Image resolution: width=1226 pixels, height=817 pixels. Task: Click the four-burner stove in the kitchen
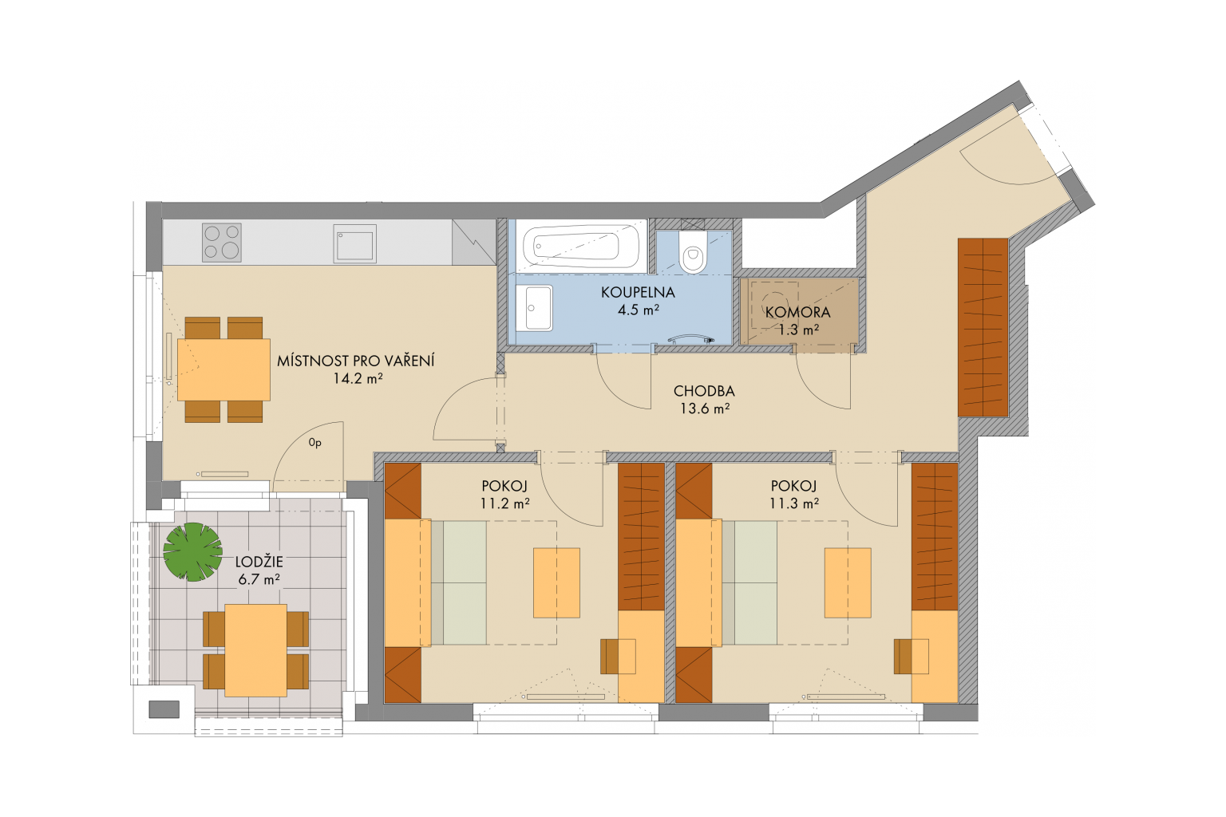coord(222,242)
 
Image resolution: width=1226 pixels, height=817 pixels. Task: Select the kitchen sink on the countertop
coord(354,243)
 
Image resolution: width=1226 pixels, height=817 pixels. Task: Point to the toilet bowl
coord(692,252)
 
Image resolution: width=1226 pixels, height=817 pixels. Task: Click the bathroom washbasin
coord(534,307)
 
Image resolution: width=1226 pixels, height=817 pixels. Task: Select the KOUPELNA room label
coord(639,293)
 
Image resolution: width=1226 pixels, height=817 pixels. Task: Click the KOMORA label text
coord(797,313)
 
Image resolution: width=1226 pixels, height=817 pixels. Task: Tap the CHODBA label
coord(704,391)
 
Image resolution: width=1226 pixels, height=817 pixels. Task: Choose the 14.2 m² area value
coord(358,378)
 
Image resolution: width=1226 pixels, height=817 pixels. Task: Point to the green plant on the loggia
coord(192,551)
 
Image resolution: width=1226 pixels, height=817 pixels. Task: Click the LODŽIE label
coord(259,562)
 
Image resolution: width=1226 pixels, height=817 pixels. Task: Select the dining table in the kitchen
coord(223,370)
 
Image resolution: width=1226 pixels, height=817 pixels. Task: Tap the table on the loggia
coord(255,650)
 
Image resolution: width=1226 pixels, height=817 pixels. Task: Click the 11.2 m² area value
coord(504,503)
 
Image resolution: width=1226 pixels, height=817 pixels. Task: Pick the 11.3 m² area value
coord(794,503)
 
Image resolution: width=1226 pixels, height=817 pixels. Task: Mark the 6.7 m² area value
coord(259,579)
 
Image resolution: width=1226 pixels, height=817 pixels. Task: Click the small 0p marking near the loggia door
coord(314,443)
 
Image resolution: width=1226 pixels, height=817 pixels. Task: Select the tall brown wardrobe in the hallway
coord(983,327)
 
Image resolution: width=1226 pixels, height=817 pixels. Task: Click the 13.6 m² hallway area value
coord(705,408)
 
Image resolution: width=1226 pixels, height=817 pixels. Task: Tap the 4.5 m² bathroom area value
coord(639,310)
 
